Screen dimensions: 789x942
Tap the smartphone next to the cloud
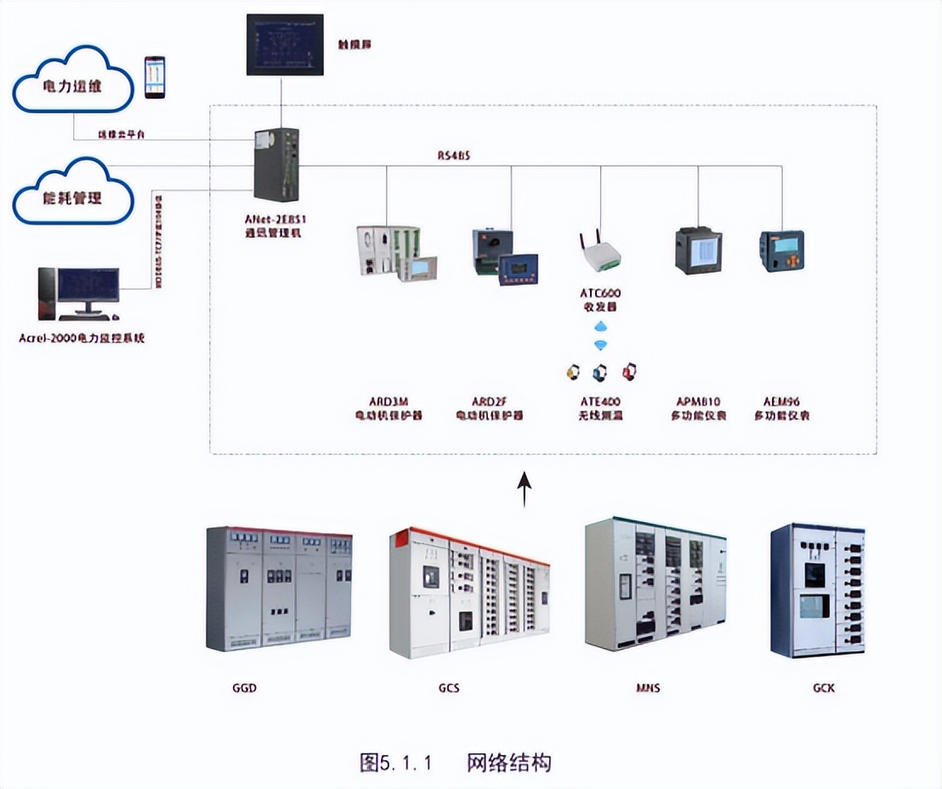[x=154, y=77]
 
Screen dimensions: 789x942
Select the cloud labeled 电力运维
[x=73, y=83]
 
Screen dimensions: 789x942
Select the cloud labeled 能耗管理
[x=73, y=194]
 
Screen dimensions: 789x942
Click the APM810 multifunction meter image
[x=698, y=250]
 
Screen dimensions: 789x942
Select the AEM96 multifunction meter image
[x=781, y=251]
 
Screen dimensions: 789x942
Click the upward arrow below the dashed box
[x=525, y=488]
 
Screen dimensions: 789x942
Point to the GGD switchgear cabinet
[x=279, y=588]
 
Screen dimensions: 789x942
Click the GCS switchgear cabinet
[x=468, y=593]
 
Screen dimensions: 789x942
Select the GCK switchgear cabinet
[x=816, y=590]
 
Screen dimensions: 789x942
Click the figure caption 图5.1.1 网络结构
[x=455, y=762]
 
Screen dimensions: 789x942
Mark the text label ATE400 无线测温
[x=599, y=408]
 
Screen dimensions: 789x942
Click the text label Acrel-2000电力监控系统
[x=82, y=338]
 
